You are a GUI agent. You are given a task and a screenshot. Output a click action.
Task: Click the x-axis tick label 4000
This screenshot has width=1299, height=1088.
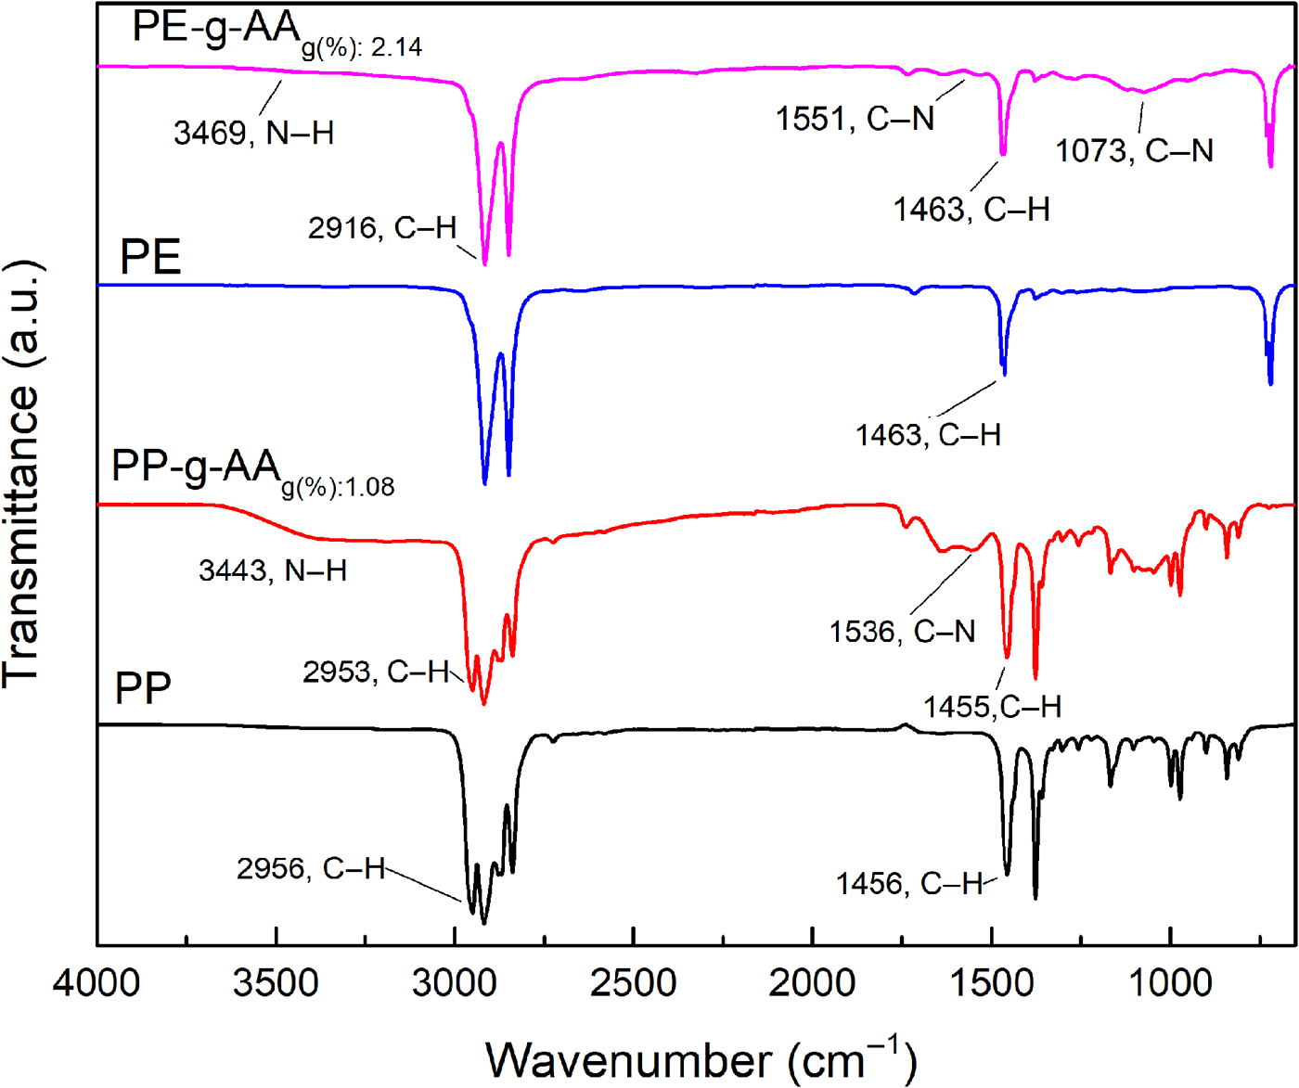pos(96,981)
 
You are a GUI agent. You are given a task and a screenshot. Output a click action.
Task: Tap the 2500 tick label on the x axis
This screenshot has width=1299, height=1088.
pos(634,981)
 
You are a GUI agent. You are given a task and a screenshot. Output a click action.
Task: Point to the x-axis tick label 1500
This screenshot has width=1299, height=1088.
pos(992,981)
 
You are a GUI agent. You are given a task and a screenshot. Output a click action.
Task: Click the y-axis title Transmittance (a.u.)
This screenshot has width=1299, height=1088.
pos(22,473)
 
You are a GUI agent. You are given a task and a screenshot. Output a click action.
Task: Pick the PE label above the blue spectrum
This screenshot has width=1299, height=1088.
pos(150,257)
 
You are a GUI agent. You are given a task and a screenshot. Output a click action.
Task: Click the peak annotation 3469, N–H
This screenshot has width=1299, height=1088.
pos(253,134)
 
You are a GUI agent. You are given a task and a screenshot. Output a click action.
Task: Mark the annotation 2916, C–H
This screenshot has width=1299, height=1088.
pos(382,228)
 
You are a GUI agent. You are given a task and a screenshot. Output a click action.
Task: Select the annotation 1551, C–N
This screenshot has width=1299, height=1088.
pos(855,119)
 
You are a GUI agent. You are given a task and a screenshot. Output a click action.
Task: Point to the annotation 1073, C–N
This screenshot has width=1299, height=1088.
pos(1134,151)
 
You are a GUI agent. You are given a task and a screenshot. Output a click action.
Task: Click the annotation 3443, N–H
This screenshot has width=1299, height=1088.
pos(273,570)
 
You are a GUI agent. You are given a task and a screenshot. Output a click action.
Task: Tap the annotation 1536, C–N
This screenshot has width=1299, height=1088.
pos(902,633)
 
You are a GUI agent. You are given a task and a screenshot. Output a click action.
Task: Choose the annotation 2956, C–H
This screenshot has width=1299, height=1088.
pos(311,869)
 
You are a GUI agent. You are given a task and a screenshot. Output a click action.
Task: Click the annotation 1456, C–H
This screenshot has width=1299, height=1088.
pos(909,884)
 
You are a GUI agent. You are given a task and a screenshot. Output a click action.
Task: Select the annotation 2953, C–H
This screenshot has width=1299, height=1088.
pos(376,672)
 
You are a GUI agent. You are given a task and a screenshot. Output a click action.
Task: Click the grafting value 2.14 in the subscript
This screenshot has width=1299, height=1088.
pos(397,47)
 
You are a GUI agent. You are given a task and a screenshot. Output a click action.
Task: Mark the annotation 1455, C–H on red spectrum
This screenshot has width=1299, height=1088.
pos(992,707)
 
